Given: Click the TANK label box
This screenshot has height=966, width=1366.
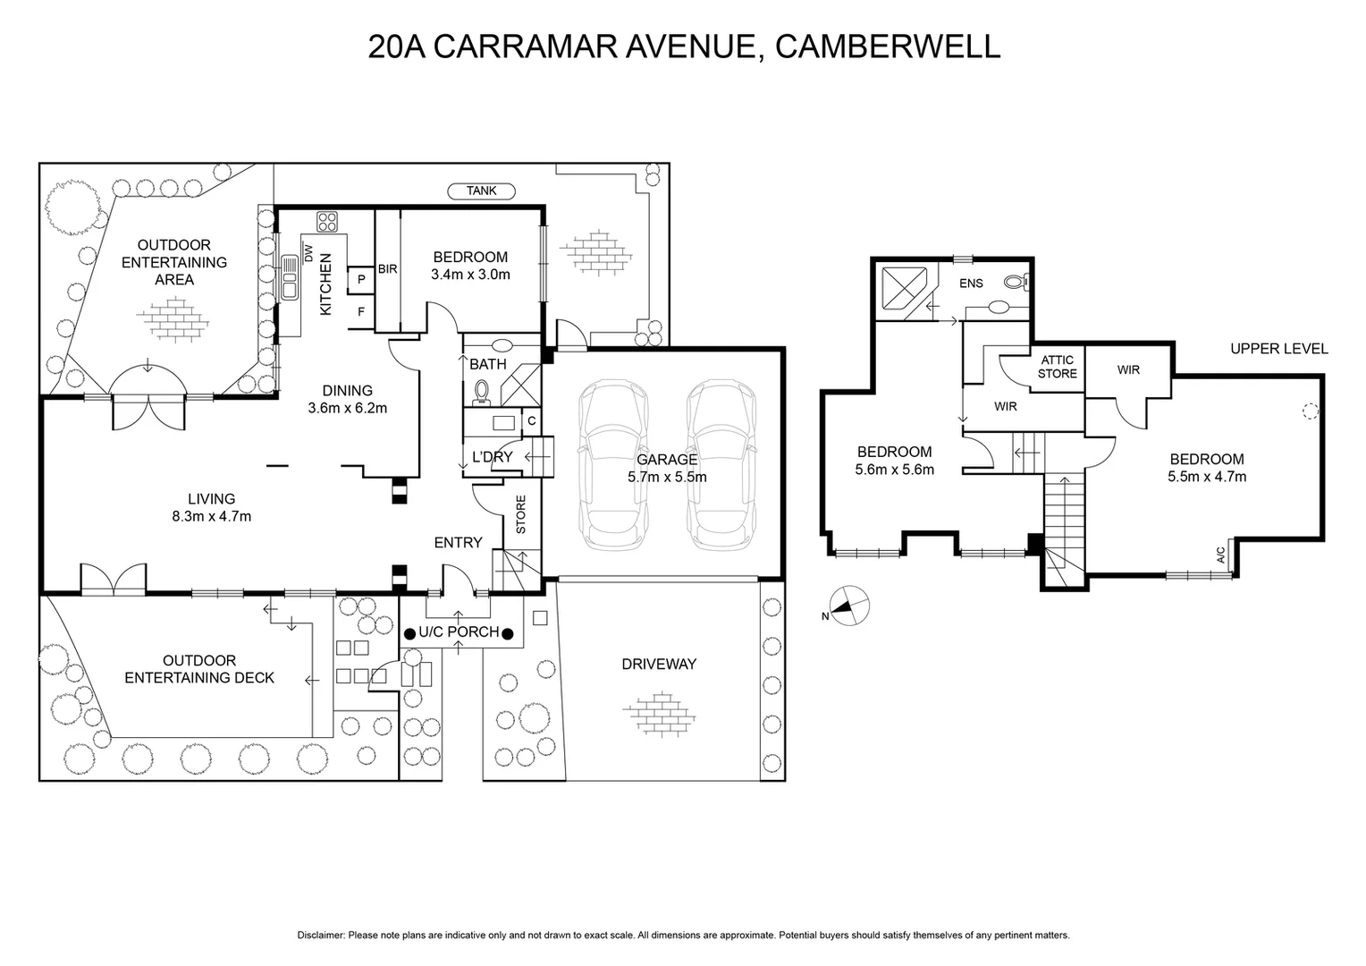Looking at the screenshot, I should pos(482,191).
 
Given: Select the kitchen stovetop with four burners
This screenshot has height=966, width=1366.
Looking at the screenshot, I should pos(326,221).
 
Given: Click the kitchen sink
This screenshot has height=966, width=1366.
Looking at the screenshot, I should pos(290,277).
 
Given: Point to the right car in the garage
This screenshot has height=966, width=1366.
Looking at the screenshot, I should pos(721,466).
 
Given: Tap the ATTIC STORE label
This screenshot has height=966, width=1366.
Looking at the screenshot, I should pos(1058,367).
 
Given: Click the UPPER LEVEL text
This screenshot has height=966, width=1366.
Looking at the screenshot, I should pos(1278,349).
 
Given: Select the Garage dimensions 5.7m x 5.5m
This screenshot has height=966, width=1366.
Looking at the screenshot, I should pos(667,477).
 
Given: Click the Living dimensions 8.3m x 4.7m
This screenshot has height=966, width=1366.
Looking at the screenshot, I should pos(212,516).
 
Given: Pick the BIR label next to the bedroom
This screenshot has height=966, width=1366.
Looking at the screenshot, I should pos(387,268).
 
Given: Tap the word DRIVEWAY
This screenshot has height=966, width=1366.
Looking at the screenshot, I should pos(659,664).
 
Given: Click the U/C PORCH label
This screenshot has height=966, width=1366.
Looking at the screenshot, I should pos(460,632).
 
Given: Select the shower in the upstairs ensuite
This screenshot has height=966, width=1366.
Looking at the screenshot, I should pos(906,288).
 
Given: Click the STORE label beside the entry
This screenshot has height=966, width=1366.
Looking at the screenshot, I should pos(520,515).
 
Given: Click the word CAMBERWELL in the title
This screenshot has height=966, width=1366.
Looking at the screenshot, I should pos(887,47).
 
